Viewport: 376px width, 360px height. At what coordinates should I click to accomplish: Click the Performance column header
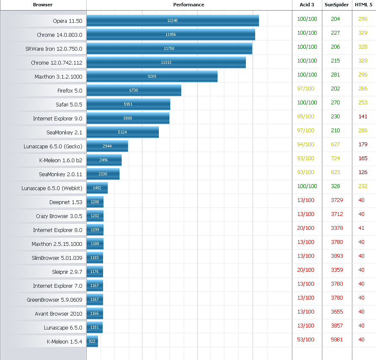click(x=188, y=5)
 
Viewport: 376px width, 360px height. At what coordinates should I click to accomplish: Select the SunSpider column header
click(x=336, y=5)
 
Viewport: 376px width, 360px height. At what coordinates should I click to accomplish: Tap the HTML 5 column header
click(x=364, y=5)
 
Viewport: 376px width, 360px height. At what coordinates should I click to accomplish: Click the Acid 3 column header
click(x=307, y=5)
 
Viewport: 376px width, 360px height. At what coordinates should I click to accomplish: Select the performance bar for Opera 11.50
click(x=172, y=21)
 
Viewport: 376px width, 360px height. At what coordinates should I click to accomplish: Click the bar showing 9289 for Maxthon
click(x=152, y=76)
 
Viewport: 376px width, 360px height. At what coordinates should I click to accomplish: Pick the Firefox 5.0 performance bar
click(x=134, y=90)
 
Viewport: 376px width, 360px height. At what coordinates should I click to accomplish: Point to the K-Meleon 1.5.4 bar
click(x=92, y=341)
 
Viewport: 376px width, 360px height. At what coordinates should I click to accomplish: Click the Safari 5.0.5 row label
click(x=69, y=104)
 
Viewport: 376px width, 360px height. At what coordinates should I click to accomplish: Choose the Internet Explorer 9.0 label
click(x=57, y=118)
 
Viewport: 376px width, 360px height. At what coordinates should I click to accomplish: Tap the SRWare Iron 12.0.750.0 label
click(x=54, y=49)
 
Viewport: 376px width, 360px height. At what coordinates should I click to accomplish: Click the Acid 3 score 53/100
click(x=306, y=340)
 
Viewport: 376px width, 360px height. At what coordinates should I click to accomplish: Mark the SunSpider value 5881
click(x=337, y=340)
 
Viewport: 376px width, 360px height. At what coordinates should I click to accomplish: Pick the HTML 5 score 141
click(x=363, y=117)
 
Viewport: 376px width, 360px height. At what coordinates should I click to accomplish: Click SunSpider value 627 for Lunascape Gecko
click(x=335, y=145)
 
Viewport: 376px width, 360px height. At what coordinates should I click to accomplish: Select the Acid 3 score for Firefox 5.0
click(x=306, y=89)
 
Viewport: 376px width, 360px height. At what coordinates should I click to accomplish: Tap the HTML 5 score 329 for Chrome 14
click(x=363, y=33)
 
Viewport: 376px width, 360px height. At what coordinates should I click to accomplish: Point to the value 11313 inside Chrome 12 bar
click(x=166, y=63)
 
